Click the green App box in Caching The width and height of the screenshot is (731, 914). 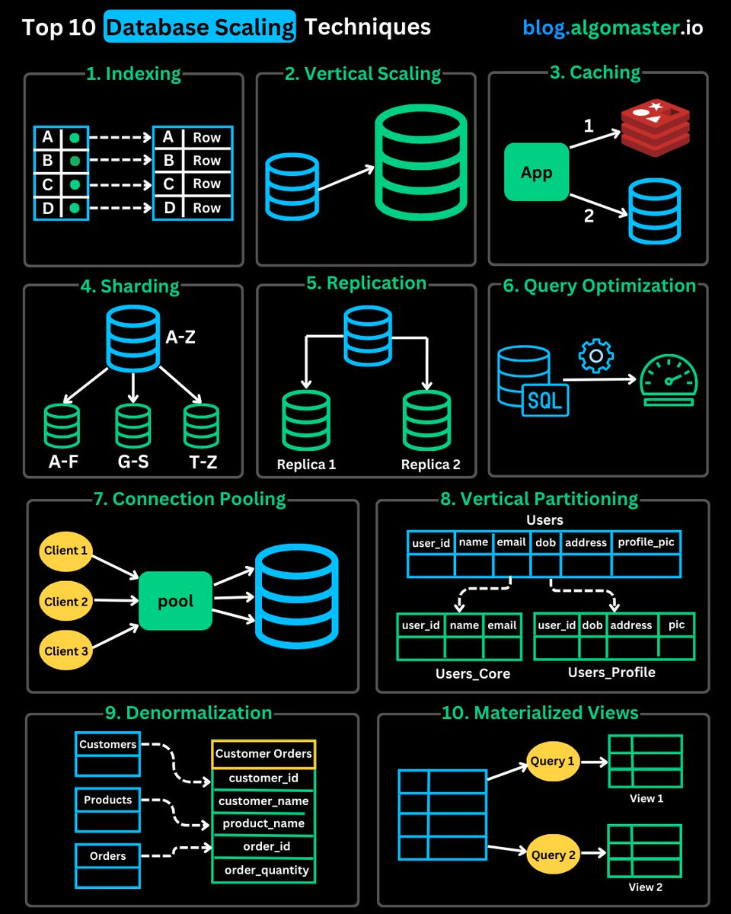[x=536, y=172]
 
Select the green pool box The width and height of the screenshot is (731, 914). [x=175, y=601]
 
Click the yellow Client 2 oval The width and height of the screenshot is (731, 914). [x=66, y=602]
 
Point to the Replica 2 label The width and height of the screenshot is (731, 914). [x=430, y=465]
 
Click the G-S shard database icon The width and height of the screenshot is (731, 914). [x=133, y=425]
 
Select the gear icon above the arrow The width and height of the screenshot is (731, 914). [x=595, y=356]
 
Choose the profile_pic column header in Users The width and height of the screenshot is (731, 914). [x=646, y=542]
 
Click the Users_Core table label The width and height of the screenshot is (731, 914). [x=472, y=673]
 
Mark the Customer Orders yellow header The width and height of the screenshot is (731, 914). [x=263, y=753]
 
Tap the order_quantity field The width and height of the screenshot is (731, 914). [x=267, y=870]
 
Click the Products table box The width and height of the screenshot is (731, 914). [x=107, y=810]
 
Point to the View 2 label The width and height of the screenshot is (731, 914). [x=646, y=887]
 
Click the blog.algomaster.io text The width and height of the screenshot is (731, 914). [x=612, y=28]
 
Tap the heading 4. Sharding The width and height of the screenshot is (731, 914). [x=129, y=287]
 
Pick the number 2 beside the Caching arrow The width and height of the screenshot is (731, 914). [x=588, y=216]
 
